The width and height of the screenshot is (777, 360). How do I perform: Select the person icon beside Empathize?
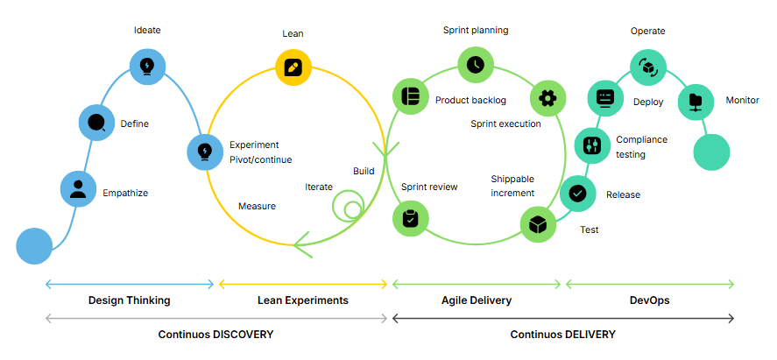click(77, 188)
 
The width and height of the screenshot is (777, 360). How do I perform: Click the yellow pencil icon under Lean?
click(293, 67)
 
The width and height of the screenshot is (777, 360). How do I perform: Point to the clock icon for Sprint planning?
click(476, 65)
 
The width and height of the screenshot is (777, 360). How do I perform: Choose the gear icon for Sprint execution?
click(548, 97)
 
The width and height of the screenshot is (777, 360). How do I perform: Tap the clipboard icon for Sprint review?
click(410, 219)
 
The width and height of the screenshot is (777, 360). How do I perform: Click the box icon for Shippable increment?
click(538, 224)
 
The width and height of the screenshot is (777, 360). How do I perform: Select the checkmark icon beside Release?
click(577, 194)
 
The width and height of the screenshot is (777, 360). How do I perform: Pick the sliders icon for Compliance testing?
click(592, 144)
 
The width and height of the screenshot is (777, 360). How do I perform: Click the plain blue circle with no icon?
click(35, 245)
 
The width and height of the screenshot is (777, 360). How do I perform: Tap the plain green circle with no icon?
click(711, 152)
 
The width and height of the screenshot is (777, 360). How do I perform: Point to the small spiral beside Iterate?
click(350, 208)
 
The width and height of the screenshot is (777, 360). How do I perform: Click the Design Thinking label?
click(130, 300)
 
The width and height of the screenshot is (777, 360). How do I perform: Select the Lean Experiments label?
click(303, 300)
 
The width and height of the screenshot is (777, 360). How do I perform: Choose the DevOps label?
click(650, 300)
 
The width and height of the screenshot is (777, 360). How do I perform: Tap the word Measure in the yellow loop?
click(257, 207)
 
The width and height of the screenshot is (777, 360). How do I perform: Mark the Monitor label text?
click(742, 101)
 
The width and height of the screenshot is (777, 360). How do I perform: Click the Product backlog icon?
click(409, 95)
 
